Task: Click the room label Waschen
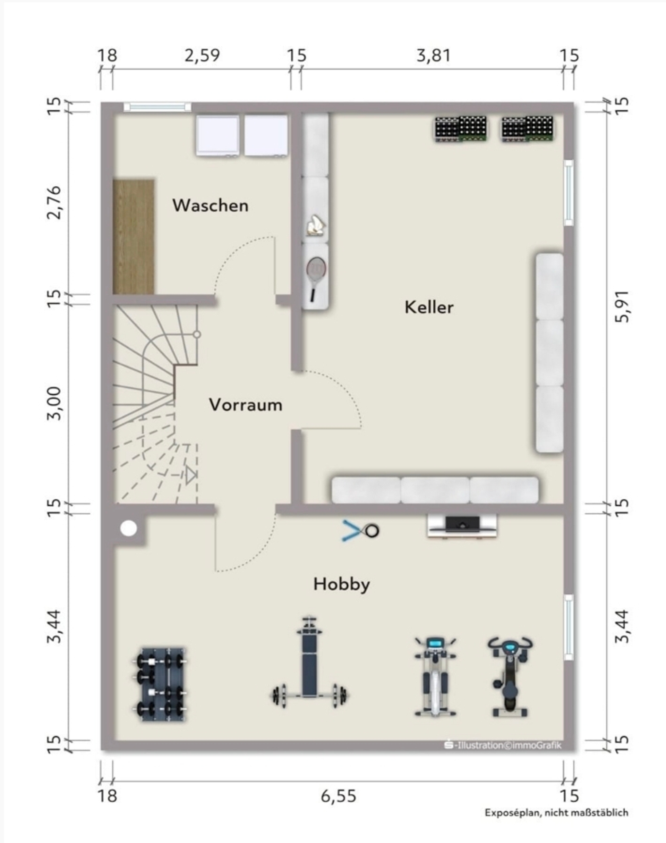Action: pos(211,205)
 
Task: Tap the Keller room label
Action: pos(429,307)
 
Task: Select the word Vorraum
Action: pos(246,405)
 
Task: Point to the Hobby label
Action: pos(342,584)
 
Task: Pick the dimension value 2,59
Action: pos(202,56)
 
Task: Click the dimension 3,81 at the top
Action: pos(434,56)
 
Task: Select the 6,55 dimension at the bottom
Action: pos(339,796)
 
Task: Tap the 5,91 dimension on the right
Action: pos(622,306)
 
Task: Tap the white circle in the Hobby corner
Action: pos(129,529)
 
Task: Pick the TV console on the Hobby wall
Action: pos(462,526)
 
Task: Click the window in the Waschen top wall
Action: pos(157,107)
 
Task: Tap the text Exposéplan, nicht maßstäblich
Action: pos(556,813)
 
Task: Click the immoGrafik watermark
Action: pos(503,745)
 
